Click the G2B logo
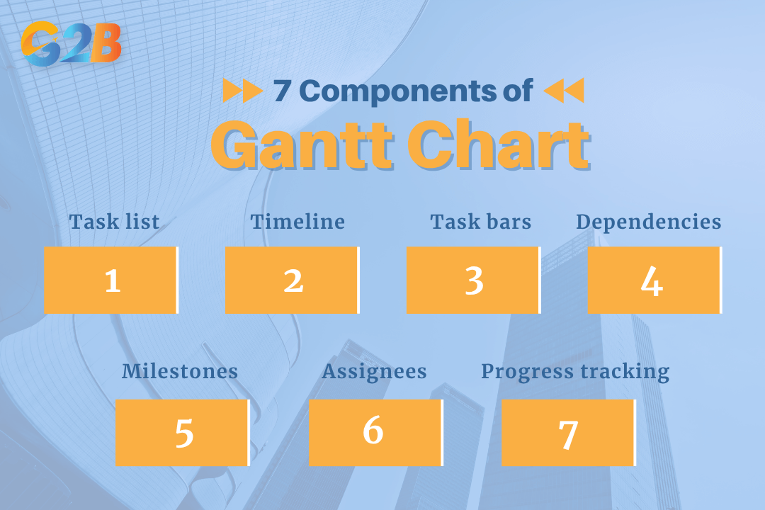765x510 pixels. point(71,43)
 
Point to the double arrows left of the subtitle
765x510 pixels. point(243,91)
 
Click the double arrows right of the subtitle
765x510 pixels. point(564,91)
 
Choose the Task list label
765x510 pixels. point(114,222)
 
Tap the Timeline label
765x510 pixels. point(297,222)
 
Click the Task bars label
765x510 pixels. point(480,222)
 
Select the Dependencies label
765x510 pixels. point(648,222)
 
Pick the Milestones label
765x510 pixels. point(180,371)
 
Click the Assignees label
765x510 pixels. point(374,371)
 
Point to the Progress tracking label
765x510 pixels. point(575,371)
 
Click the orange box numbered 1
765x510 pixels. point(110,280)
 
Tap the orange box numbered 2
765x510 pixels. point(292,280)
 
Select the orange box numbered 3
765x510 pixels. point(473,280)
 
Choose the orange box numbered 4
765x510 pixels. point(654,280)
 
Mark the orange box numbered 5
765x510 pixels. point(182,432)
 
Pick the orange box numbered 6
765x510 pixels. point(375,432)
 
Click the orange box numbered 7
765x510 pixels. point(568,432)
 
